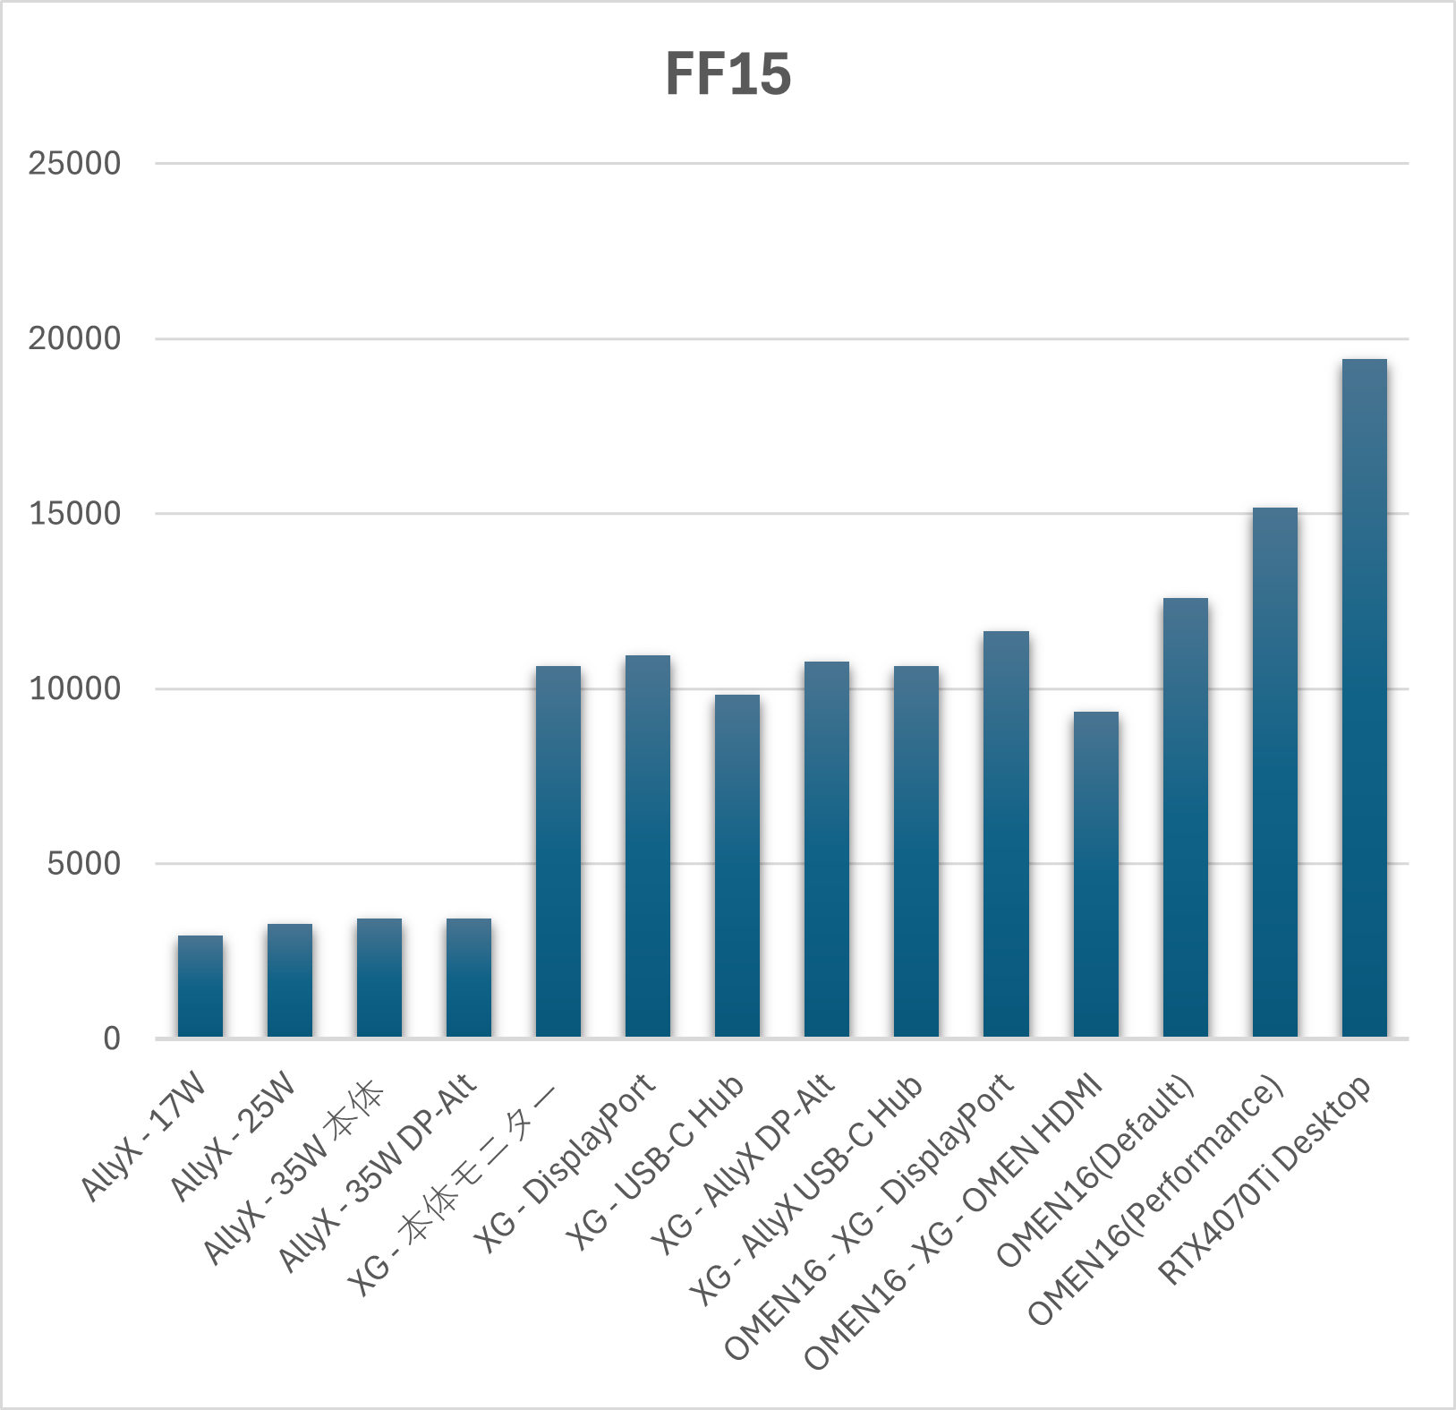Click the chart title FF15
[728, 73]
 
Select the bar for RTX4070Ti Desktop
[1364, 698]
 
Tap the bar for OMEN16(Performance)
[1274, 773]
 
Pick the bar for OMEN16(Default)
[1185, 817]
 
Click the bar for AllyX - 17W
[200, 987]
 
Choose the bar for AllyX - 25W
[290, 980]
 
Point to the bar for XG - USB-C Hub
[737, 866]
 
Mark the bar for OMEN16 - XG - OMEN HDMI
[1095, 875]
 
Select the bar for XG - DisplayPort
[648, 846]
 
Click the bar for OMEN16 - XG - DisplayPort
[1006, 834]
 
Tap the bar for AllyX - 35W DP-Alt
[469, 978]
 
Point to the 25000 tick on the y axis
[74, 164]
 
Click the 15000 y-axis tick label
[74, 514]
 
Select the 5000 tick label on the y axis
[83, 864]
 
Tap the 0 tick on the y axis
[112, 1038]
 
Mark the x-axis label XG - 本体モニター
[452, 1191]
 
